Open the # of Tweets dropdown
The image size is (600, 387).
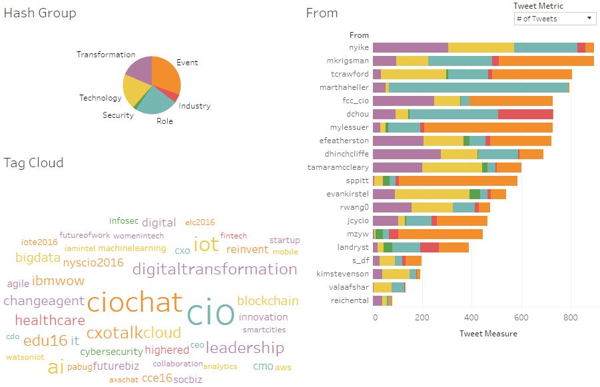[x=555, y=19]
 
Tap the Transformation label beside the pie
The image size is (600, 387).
[x=106, y=55]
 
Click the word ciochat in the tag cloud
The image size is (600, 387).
[x=135, y=302]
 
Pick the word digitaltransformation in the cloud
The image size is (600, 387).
[x=214, y=269]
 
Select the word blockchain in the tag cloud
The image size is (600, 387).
[x=268, y=300]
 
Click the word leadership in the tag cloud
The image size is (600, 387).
[x=244, y=347]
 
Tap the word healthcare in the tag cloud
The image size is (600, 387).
[x=50, y=320]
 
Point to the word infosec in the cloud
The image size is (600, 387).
[x=124, y=220]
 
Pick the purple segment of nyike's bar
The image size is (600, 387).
[x=410, y=47]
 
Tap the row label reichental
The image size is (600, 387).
[x=350, y=300]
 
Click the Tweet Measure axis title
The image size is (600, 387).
[x=488, y=333]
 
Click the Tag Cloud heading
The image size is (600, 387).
[x=33, y=163]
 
